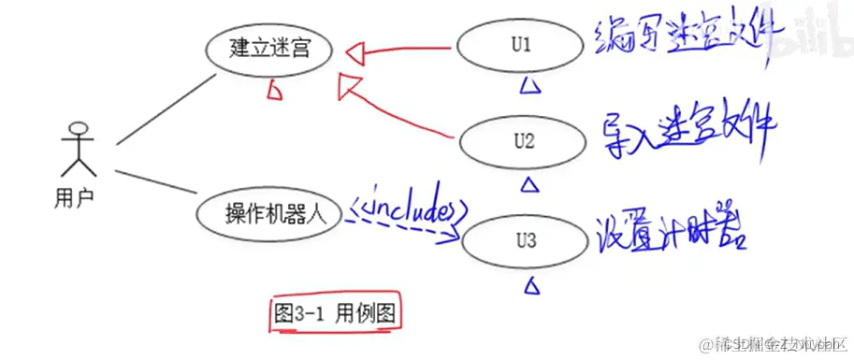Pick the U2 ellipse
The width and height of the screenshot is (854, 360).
click(524, 142)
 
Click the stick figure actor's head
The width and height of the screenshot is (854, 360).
click(78, 131)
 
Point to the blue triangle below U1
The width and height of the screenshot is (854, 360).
click(529, 87)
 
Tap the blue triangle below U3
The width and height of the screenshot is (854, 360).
click(532, 282)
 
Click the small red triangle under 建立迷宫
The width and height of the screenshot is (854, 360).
click(275, 90)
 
